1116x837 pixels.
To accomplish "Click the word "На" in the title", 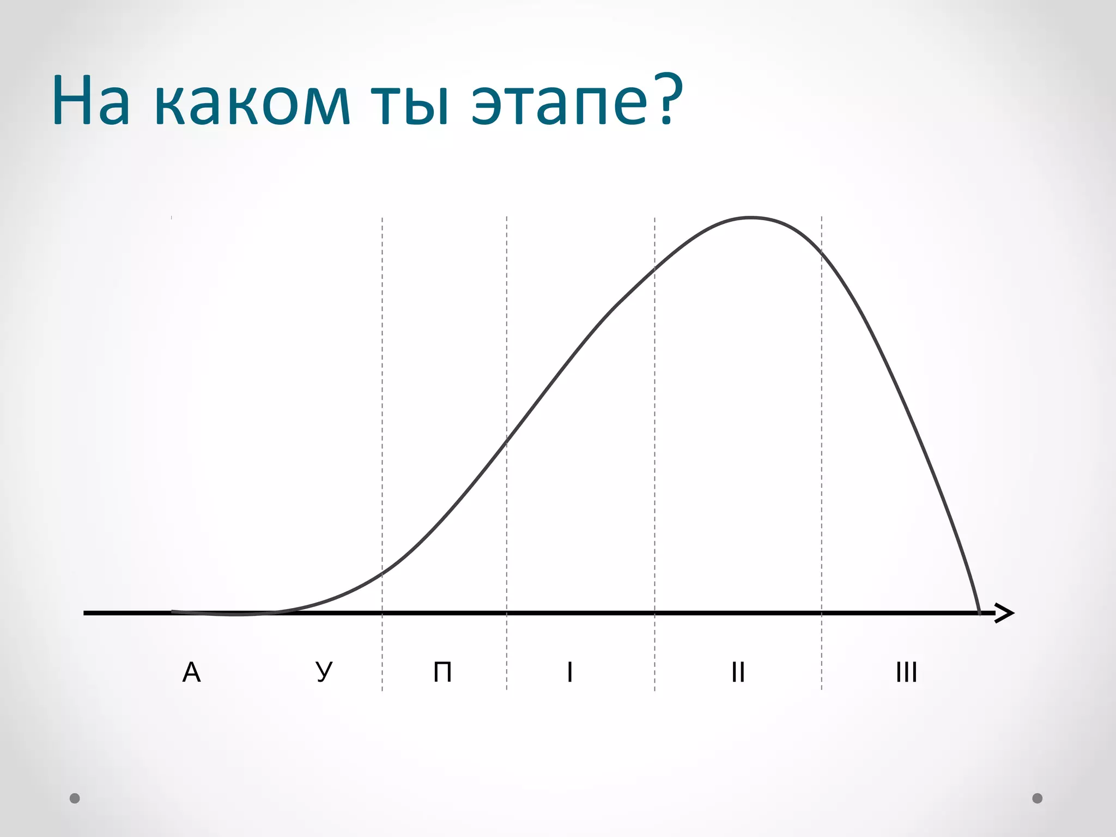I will click(92, 101).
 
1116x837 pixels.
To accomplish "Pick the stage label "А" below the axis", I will click(191, 672).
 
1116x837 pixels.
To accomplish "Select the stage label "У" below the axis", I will click(324, 672).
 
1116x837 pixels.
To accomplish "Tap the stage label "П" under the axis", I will click(442, 672).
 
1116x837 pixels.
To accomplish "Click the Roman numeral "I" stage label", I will click(569, 672).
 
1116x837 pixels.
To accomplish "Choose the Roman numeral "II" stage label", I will click(738, 672).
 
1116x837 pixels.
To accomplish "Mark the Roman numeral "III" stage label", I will click(906, 672).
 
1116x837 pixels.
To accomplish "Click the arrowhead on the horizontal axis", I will click(1005, 613).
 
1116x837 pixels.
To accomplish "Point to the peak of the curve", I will click(751, 218).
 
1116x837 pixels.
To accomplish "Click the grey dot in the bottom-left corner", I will click(75, 798).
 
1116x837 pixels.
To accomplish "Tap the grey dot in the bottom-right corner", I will click(1038, 798).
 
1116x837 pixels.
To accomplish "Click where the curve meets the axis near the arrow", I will click(979, 612).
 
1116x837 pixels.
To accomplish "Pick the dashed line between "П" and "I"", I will click(507, 327).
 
